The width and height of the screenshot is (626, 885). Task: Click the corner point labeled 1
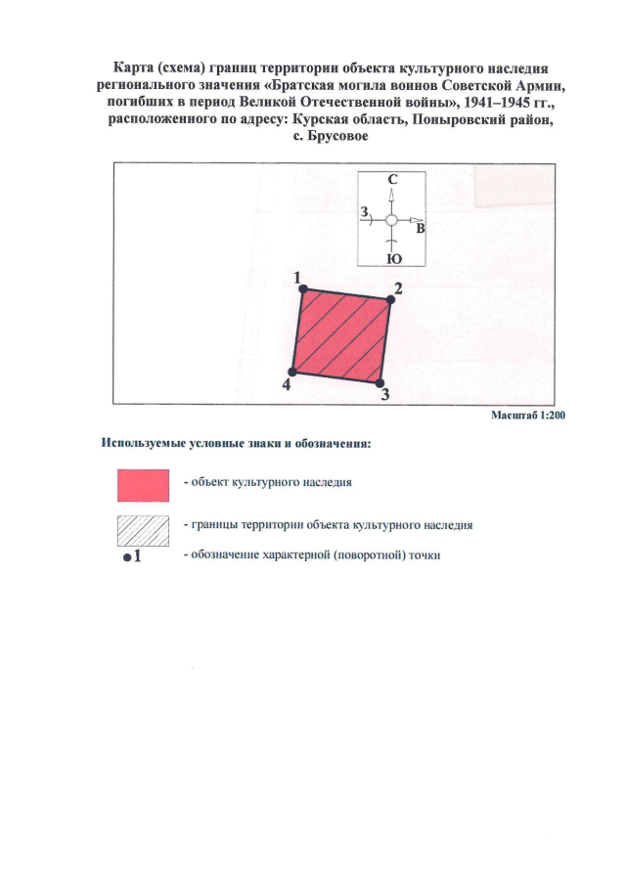coord(303,288)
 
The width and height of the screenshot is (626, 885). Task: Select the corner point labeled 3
coord(379,383)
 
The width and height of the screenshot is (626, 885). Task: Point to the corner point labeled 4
coord(291,373)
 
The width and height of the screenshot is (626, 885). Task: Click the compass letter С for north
coord(391,180)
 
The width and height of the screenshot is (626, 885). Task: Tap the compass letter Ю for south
coord(392,258)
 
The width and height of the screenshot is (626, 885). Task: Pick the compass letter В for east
coord(421,230)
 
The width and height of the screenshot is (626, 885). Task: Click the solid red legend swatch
coord(143,484)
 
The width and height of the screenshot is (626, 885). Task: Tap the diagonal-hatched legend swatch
coord(143,528)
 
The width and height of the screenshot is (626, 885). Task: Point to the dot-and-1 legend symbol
coord(134,556)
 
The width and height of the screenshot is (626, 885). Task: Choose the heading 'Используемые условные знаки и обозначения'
coord(236,443)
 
